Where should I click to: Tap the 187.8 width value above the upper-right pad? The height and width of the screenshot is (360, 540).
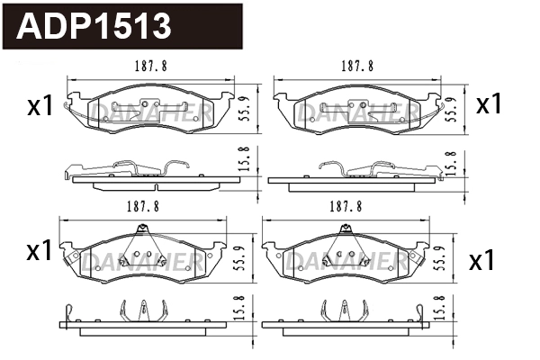point(357,67)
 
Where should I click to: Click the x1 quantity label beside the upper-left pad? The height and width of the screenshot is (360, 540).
point(39,107)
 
